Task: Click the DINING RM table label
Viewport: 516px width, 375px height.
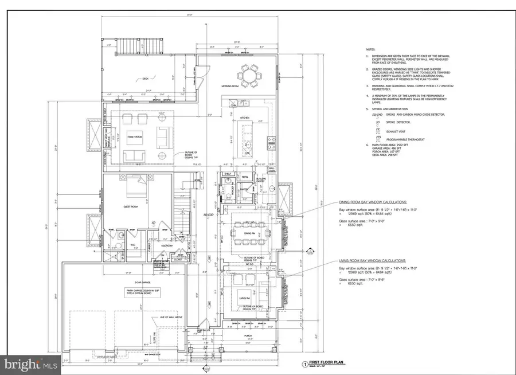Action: click(249, 233)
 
